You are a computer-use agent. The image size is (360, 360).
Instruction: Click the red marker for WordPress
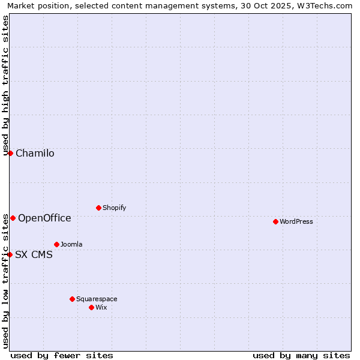275,221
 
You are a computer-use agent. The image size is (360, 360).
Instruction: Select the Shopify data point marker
98,208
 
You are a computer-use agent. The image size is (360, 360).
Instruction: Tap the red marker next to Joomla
56,244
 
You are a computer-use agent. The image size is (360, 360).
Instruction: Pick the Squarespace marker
72,299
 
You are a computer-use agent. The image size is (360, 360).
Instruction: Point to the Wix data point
91,307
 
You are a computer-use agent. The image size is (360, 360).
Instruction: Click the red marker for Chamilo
10,153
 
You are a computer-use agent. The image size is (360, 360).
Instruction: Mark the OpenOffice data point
13,218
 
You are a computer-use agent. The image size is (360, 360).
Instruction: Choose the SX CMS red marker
10,254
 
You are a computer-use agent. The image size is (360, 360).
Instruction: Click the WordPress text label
296,221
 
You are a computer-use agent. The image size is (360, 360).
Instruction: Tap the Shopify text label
115,208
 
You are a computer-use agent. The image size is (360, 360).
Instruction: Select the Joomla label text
71,244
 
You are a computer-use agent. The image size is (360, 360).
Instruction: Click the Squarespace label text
97,299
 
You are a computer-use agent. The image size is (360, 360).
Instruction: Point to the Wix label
101,307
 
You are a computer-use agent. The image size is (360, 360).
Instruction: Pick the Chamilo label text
35,153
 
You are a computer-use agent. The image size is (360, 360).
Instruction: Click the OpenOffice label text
44,218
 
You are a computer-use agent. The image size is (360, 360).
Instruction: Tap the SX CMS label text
34,254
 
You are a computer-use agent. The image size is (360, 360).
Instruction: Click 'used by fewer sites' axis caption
62,355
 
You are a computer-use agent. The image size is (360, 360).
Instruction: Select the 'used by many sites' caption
301,355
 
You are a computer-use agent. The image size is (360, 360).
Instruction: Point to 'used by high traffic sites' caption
5,84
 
